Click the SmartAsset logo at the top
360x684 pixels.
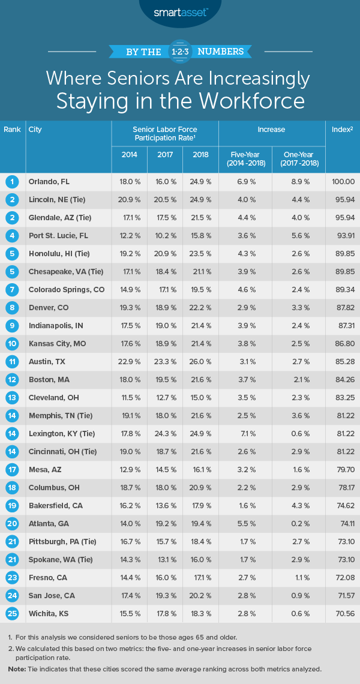click(x=179, y=13)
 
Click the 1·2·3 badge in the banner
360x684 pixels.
click(x=179, y=51)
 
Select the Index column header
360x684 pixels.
click(x=342, y=130)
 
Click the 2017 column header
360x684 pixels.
click(x=165, y=154)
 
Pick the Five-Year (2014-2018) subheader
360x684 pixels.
click(x=245, y=158)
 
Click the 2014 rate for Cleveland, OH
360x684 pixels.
click(x=129, y=397)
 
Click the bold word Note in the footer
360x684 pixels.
click(x=17, y=668)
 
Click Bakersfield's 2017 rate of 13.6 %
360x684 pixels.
click(x=165, y=506)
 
